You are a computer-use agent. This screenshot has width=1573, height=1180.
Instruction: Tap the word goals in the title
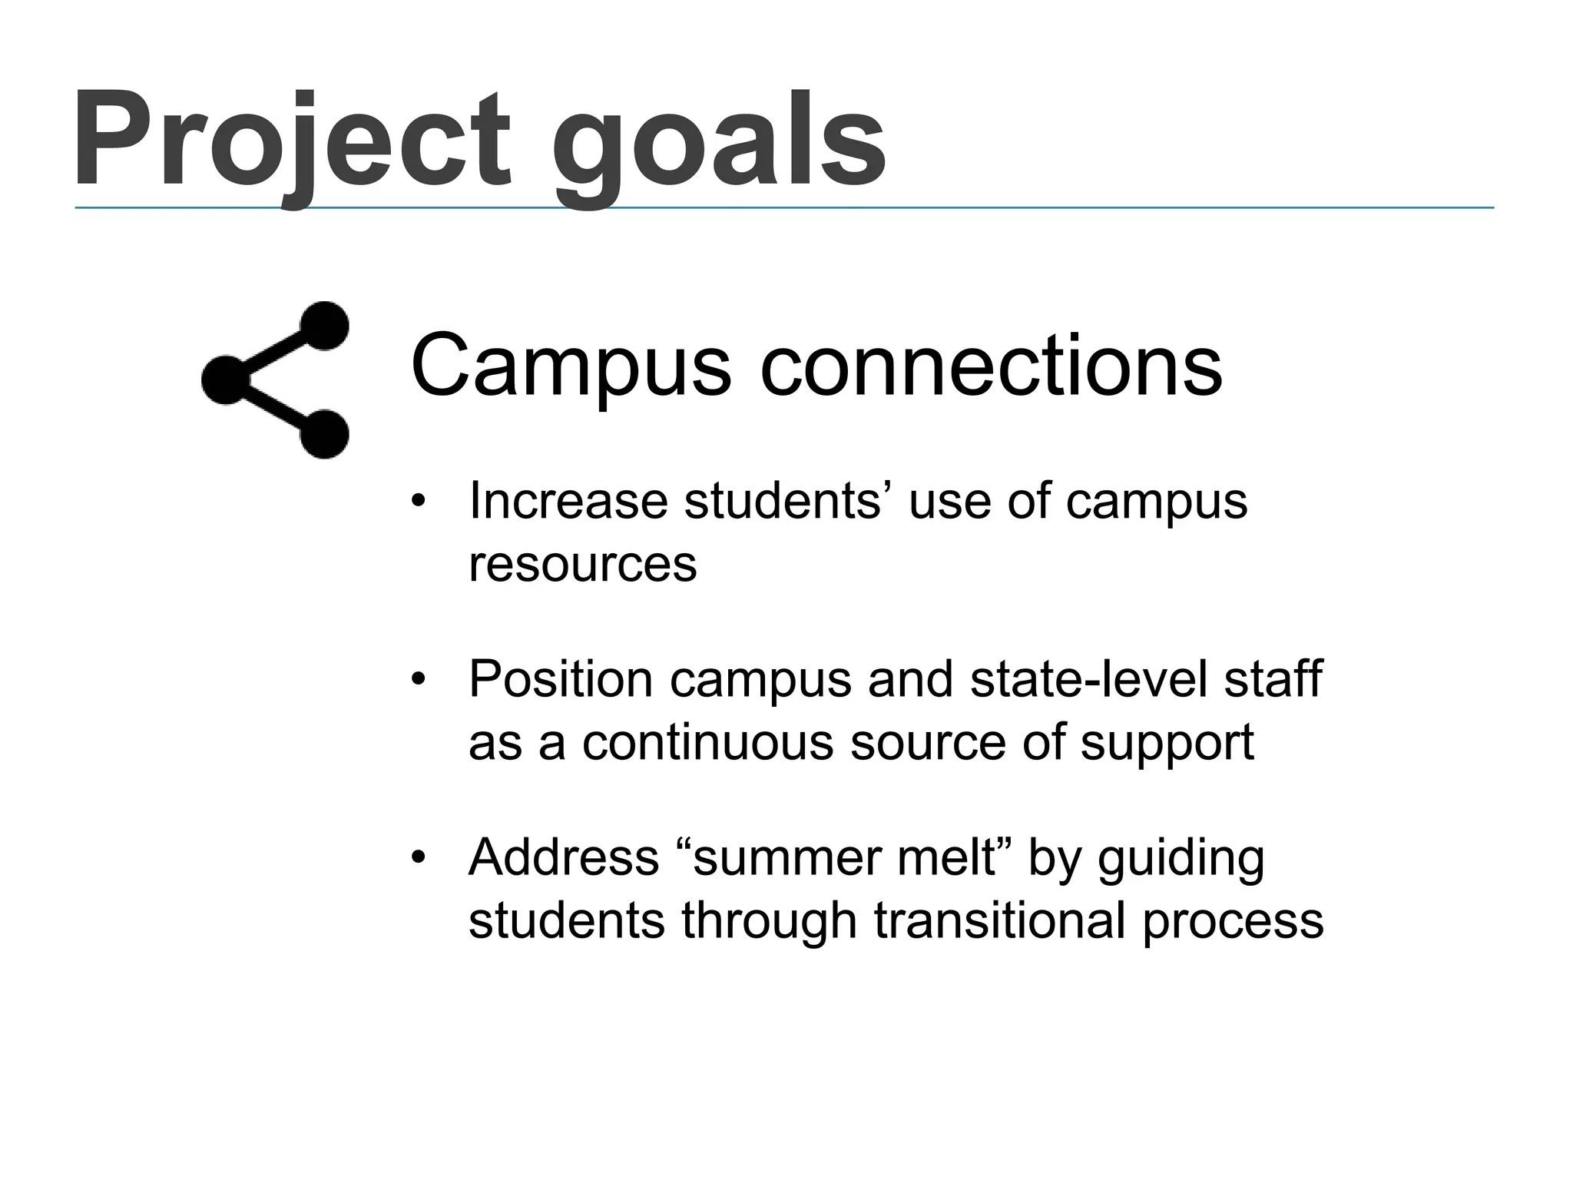[719, 146]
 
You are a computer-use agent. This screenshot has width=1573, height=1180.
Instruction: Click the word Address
[564, 857]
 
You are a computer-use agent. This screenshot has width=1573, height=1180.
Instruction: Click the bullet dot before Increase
[418, 502]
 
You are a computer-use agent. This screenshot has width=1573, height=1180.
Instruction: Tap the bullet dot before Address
[418, 858]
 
